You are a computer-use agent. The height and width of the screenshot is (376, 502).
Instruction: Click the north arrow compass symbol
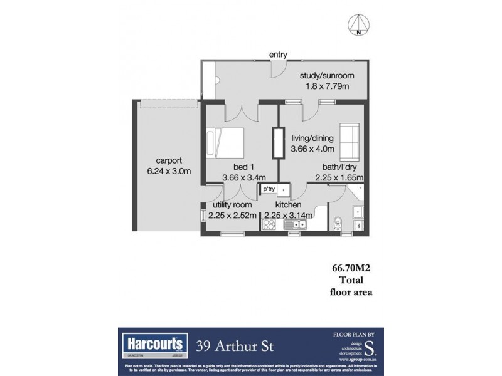pyautogui.click(x=358, y=25)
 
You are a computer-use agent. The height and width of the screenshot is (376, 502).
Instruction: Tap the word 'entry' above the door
pyautogui.click(x=279, y=55)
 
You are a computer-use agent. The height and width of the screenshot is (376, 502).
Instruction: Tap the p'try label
pyautogui.click(x=269, y=189)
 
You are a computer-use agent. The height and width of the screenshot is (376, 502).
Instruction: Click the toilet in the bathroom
pyautogui.click(x=338, y=222)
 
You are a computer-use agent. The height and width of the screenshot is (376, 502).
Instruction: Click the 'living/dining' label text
pyautogui.click(x=312, y=138)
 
